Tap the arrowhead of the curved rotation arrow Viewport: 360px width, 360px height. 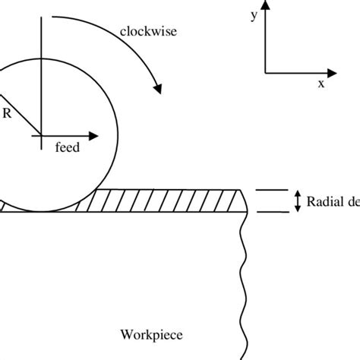point(158,90)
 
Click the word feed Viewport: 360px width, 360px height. point(67,149)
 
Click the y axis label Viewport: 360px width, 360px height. point(253,14)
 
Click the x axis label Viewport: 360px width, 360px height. point(321,84)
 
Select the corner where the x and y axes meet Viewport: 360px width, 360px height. point(265,73)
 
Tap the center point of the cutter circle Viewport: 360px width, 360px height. point(40,137)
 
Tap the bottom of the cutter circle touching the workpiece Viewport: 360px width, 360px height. point(40,212)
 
